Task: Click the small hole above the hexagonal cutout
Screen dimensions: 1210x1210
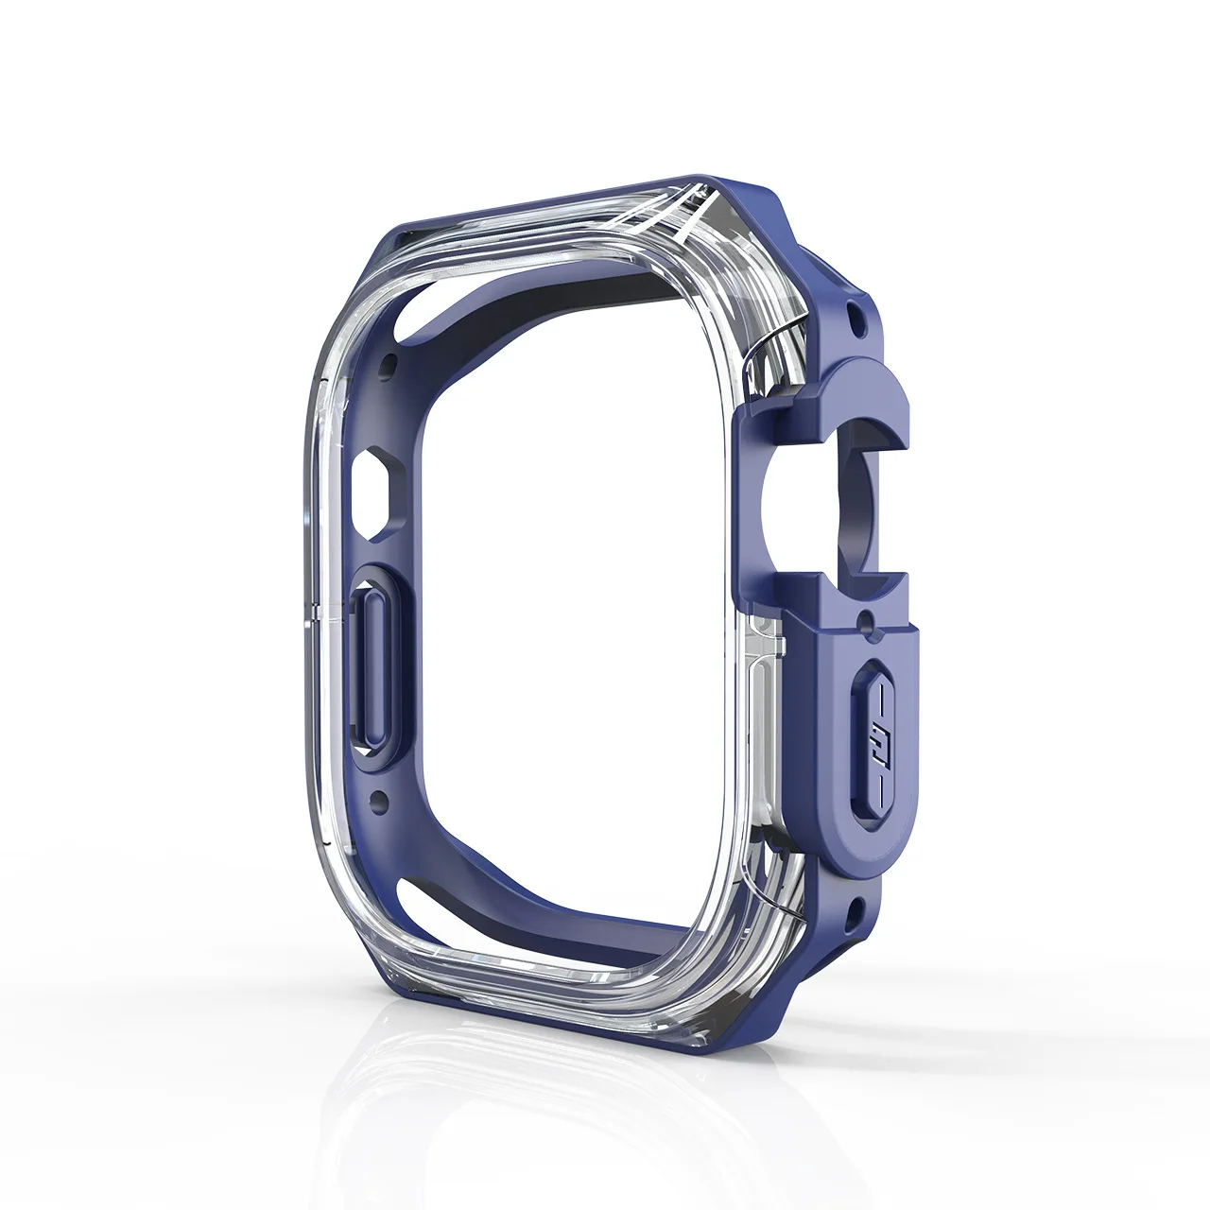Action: click(x=386, y=363)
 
